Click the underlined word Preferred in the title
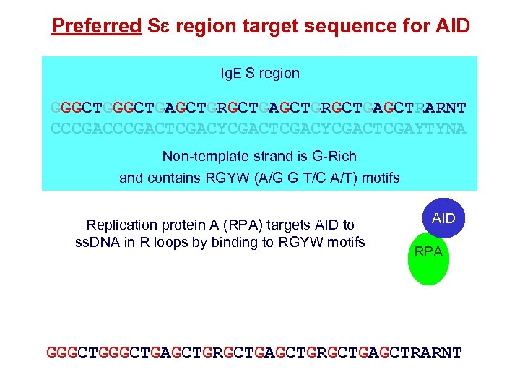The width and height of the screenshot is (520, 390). [97, 27]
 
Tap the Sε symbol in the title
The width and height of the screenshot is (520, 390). [158, 27]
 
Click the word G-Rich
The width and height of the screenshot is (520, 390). [332, 156]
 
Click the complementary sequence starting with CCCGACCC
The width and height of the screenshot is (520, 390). [259, 130]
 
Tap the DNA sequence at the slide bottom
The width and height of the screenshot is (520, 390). [253, 353]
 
